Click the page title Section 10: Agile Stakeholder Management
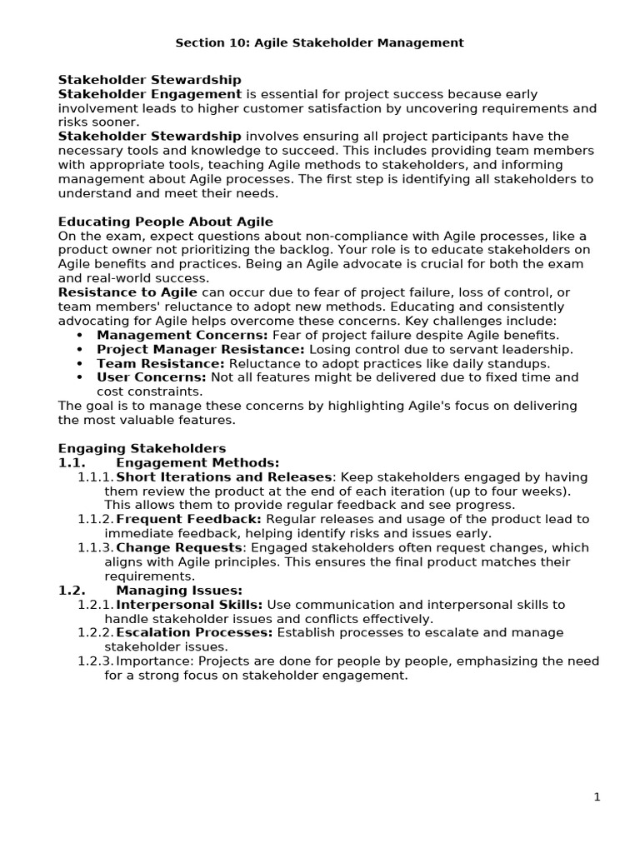pos(320,42)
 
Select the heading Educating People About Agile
pos(165,222)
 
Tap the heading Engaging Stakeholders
pos(142,448)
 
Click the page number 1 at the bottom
pos(597,797)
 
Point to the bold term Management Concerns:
pos(182,335)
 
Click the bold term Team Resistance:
pos(161,363)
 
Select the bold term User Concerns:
pos(152,377)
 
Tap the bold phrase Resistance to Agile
pos(127,292)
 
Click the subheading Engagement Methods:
pos(197,462)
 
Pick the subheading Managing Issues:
pos(179,590)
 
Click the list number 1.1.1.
pos(95,476)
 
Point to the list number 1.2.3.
pos(95,661)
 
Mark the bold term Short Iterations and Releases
pos(223,476)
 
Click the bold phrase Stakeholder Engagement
pos(150,94)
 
